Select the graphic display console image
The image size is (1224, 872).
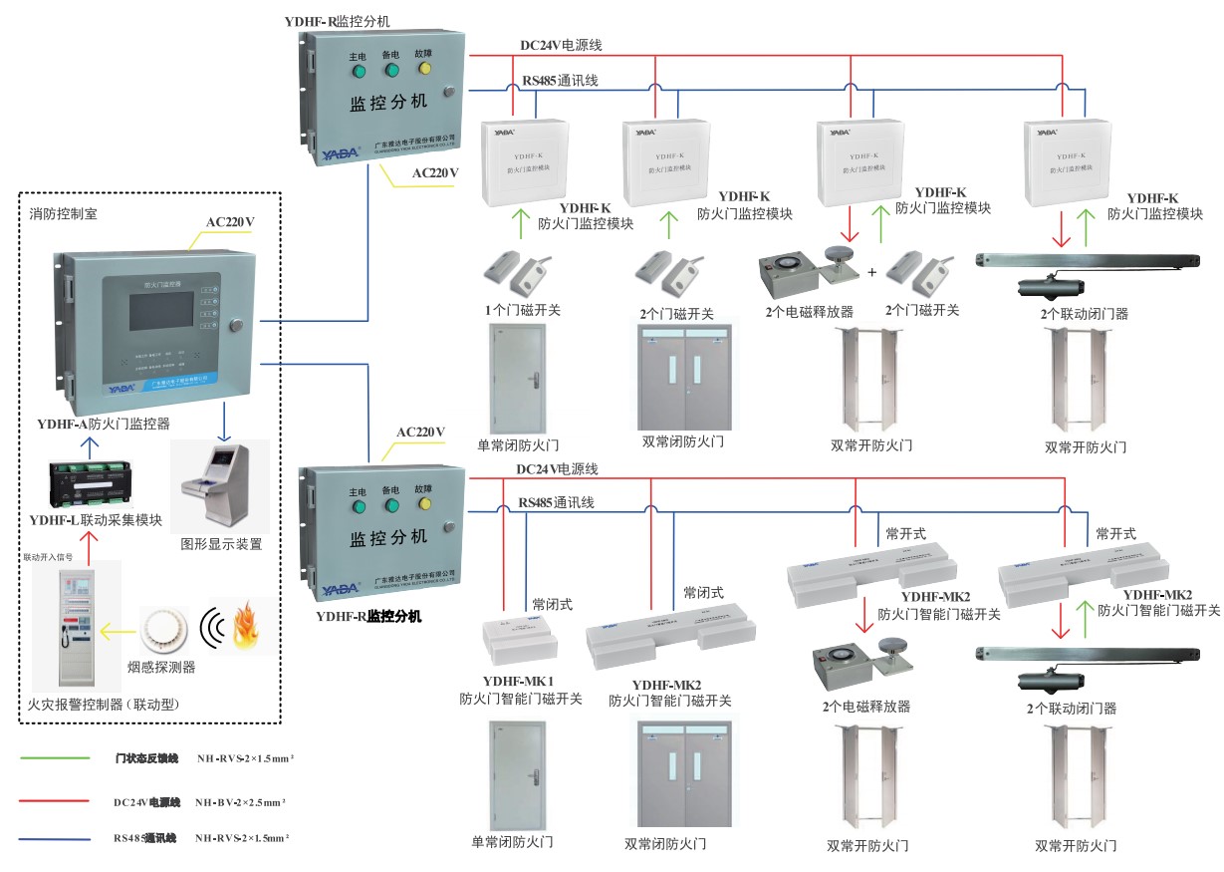tap(219, 487)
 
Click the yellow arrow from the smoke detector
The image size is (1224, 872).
tap(116, 631)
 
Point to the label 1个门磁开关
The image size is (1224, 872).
tap(523, 311)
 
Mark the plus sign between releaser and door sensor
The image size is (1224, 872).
tap(871, 272)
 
